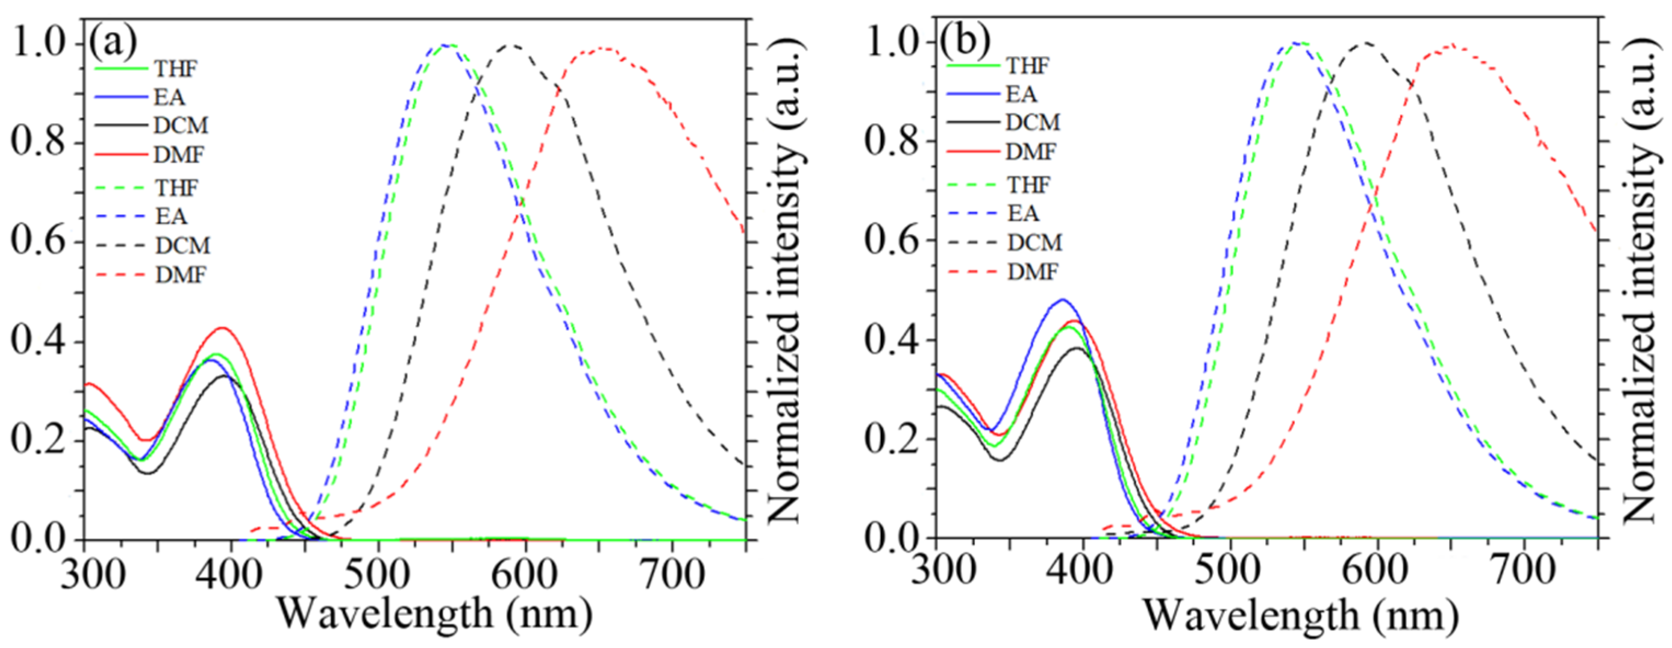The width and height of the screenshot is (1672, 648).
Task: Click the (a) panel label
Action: click(x=113, y=42)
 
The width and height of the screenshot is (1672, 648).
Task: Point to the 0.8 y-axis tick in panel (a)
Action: click(x=41, y=143)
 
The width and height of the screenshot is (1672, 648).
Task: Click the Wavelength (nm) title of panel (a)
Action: click(x=434, y=613)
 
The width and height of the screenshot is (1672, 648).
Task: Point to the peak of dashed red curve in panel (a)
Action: click(x=604, y=48)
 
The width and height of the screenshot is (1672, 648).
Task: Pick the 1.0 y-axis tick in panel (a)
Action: click(x=41, y=44)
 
